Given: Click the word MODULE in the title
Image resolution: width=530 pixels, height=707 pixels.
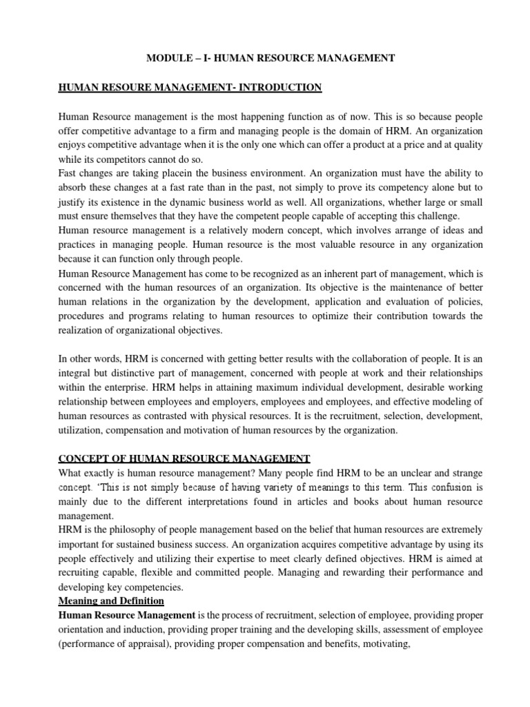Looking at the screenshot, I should [168, 59].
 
